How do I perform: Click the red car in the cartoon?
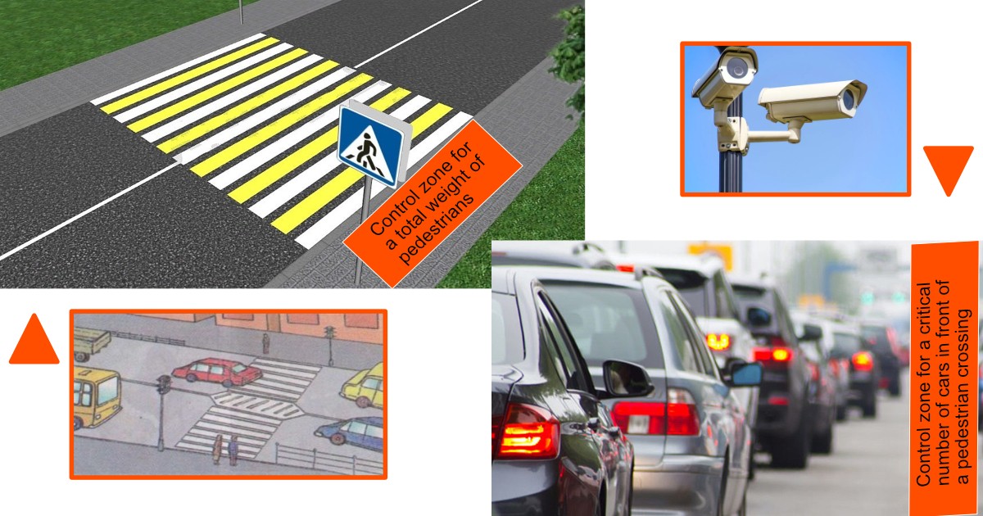[x=217, y=372]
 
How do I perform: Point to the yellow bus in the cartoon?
[x=97, y=396]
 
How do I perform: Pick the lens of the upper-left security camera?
[x=736, y=66]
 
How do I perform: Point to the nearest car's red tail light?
[x=526, y=432]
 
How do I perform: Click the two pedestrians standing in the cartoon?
[x=225, y=449]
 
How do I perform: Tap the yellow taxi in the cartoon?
[x=363, y=385]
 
